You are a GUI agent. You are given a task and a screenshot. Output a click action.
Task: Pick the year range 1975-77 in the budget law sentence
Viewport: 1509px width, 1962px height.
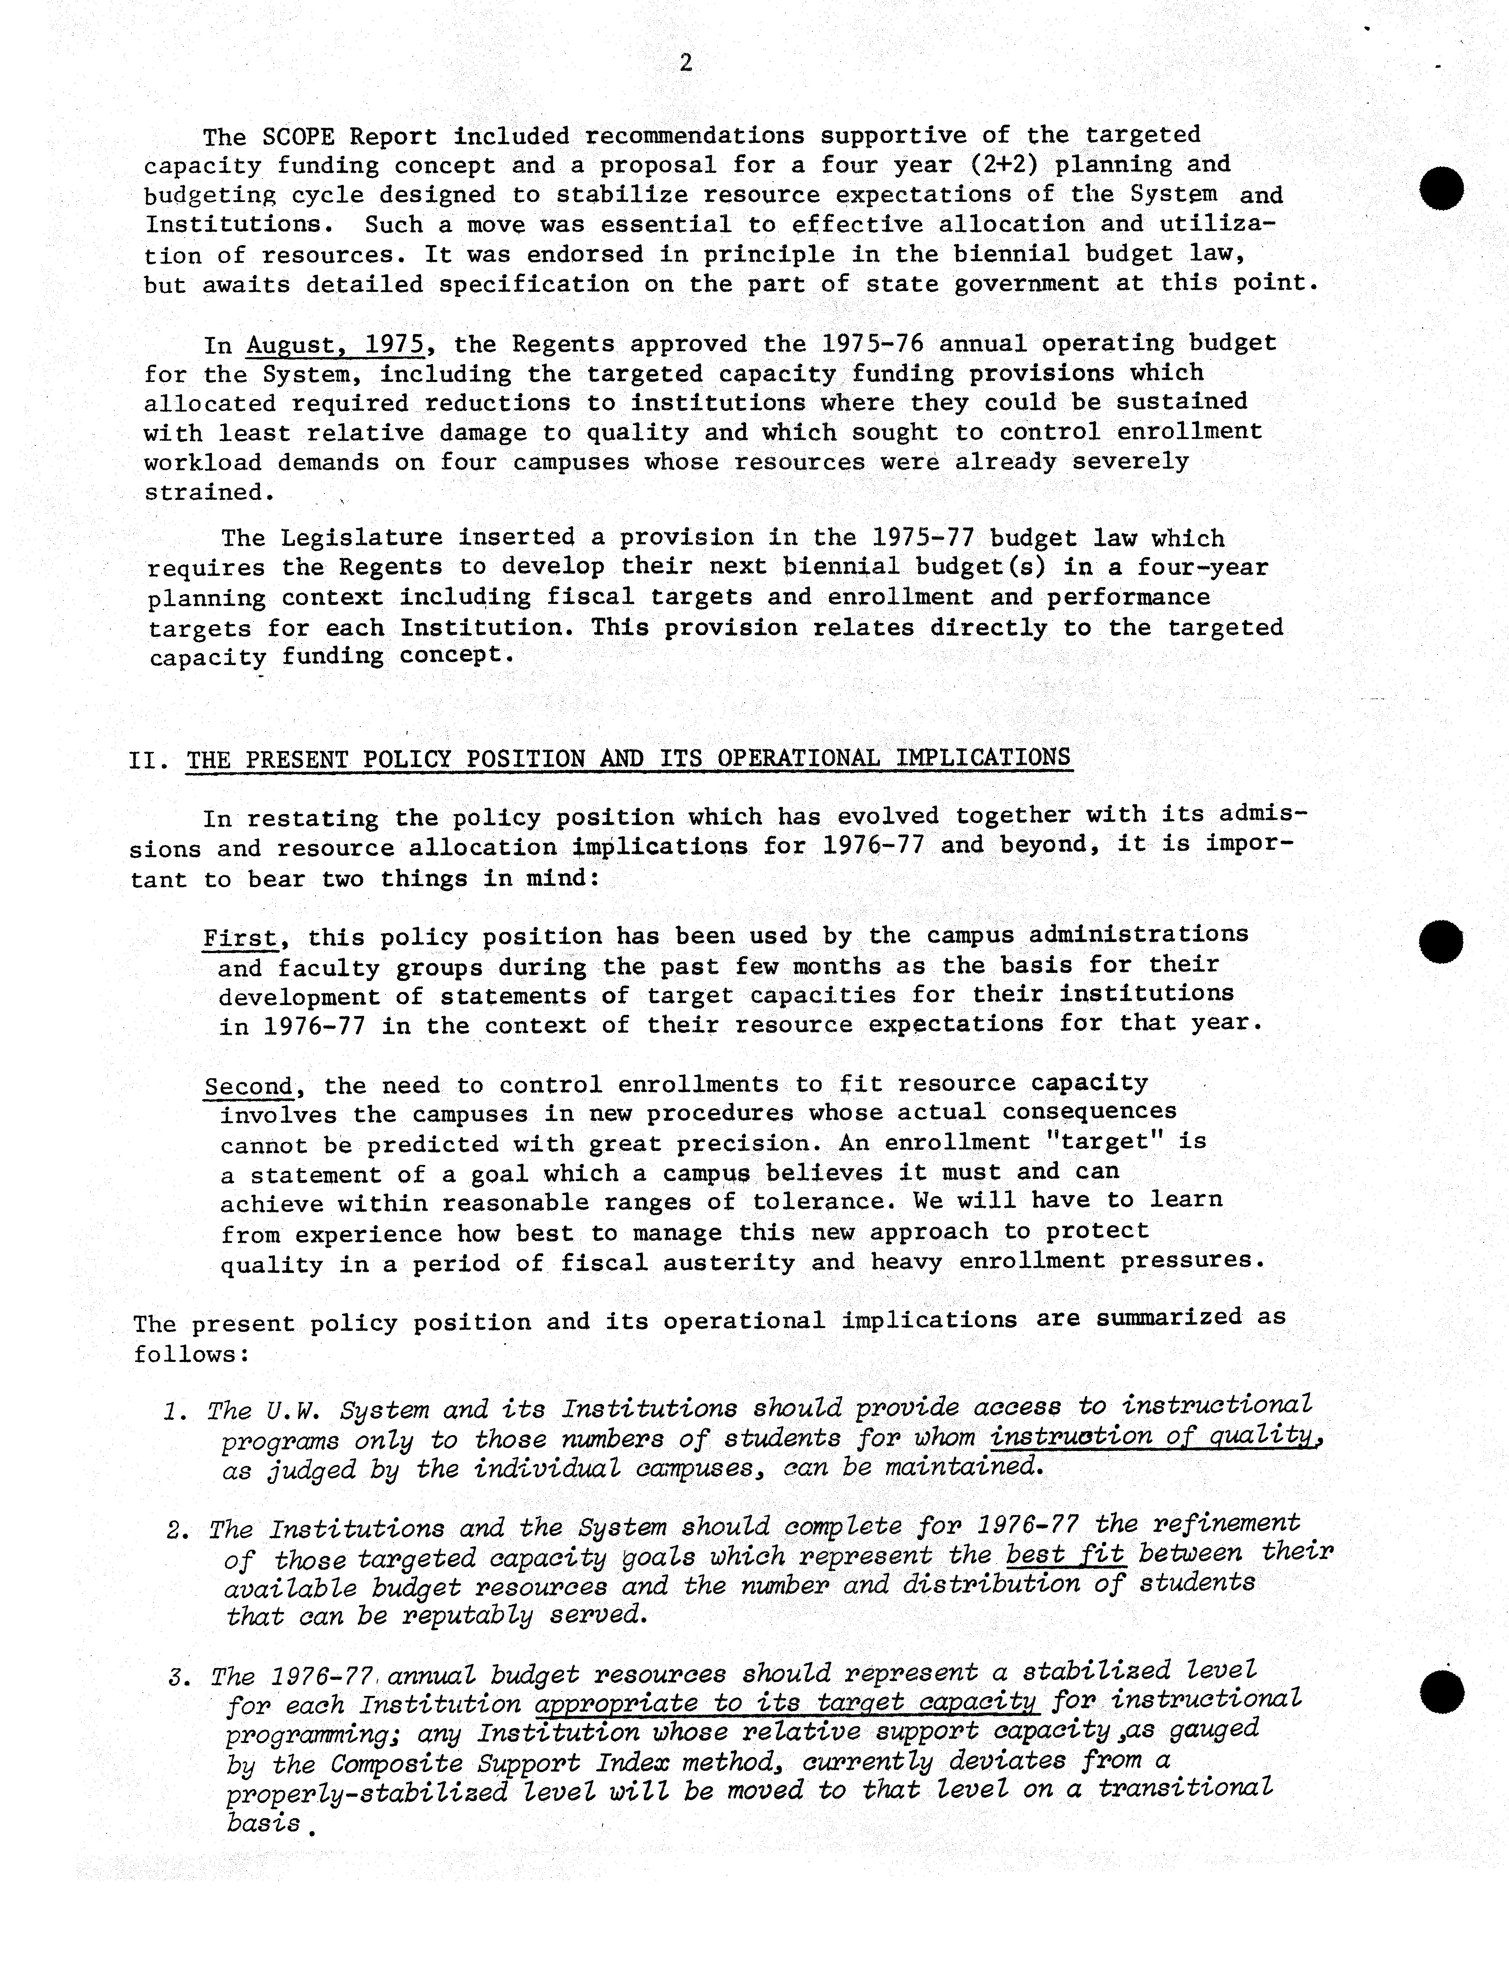[x=923, y=538]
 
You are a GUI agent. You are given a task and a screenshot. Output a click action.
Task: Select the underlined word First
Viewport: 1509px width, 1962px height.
[x=239, y=938]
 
